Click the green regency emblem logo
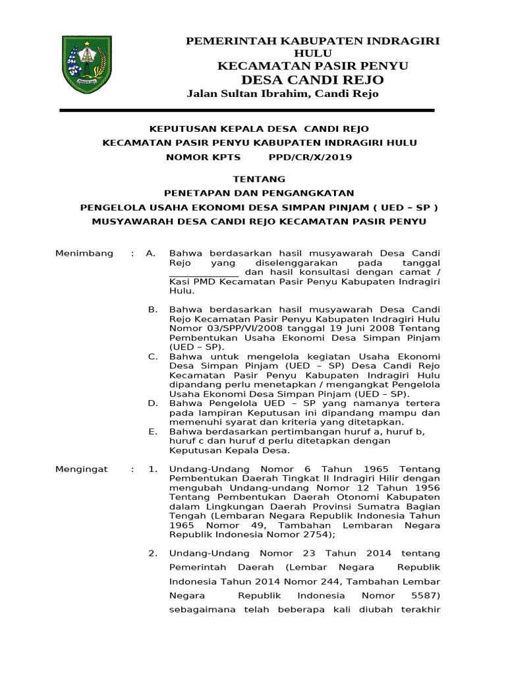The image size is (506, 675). point(87,65)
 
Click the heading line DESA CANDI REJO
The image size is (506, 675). point(313,80)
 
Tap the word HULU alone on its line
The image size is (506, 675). point(313,53)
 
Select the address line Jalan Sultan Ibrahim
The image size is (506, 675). point(283,94)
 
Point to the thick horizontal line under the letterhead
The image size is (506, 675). point(247,110)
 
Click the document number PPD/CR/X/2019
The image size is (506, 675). point(310,158)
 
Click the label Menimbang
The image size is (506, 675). point(84,253)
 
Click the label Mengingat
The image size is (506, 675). point(82,469)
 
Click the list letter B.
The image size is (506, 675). point(153,309)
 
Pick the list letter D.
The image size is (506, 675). point(153,403)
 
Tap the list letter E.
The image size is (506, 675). point(153,432)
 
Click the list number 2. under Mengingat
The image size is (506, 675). point(153,552)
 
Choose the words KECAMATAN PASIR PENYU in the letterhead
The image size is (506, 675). point(313,67)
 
